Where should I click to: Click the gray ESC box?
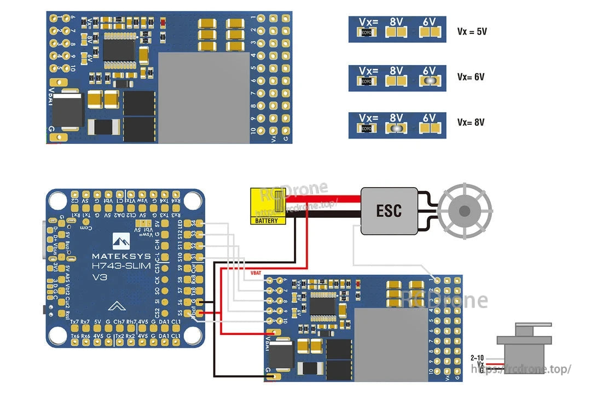tap(389, 211)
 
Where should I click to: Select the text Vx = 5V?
tap(472, 32)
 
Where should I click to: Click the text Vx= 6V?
tap(471, 77)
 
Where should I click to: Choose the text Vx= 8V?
tap(471, 123)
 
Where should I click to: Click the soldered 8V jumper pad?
tap(396, 128)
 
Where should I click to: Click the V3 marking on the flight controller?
tap(100, 277)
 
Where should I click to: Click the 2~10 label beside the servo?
tap(477, 357)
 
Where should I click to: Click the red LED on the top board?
tap(164, 23)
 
